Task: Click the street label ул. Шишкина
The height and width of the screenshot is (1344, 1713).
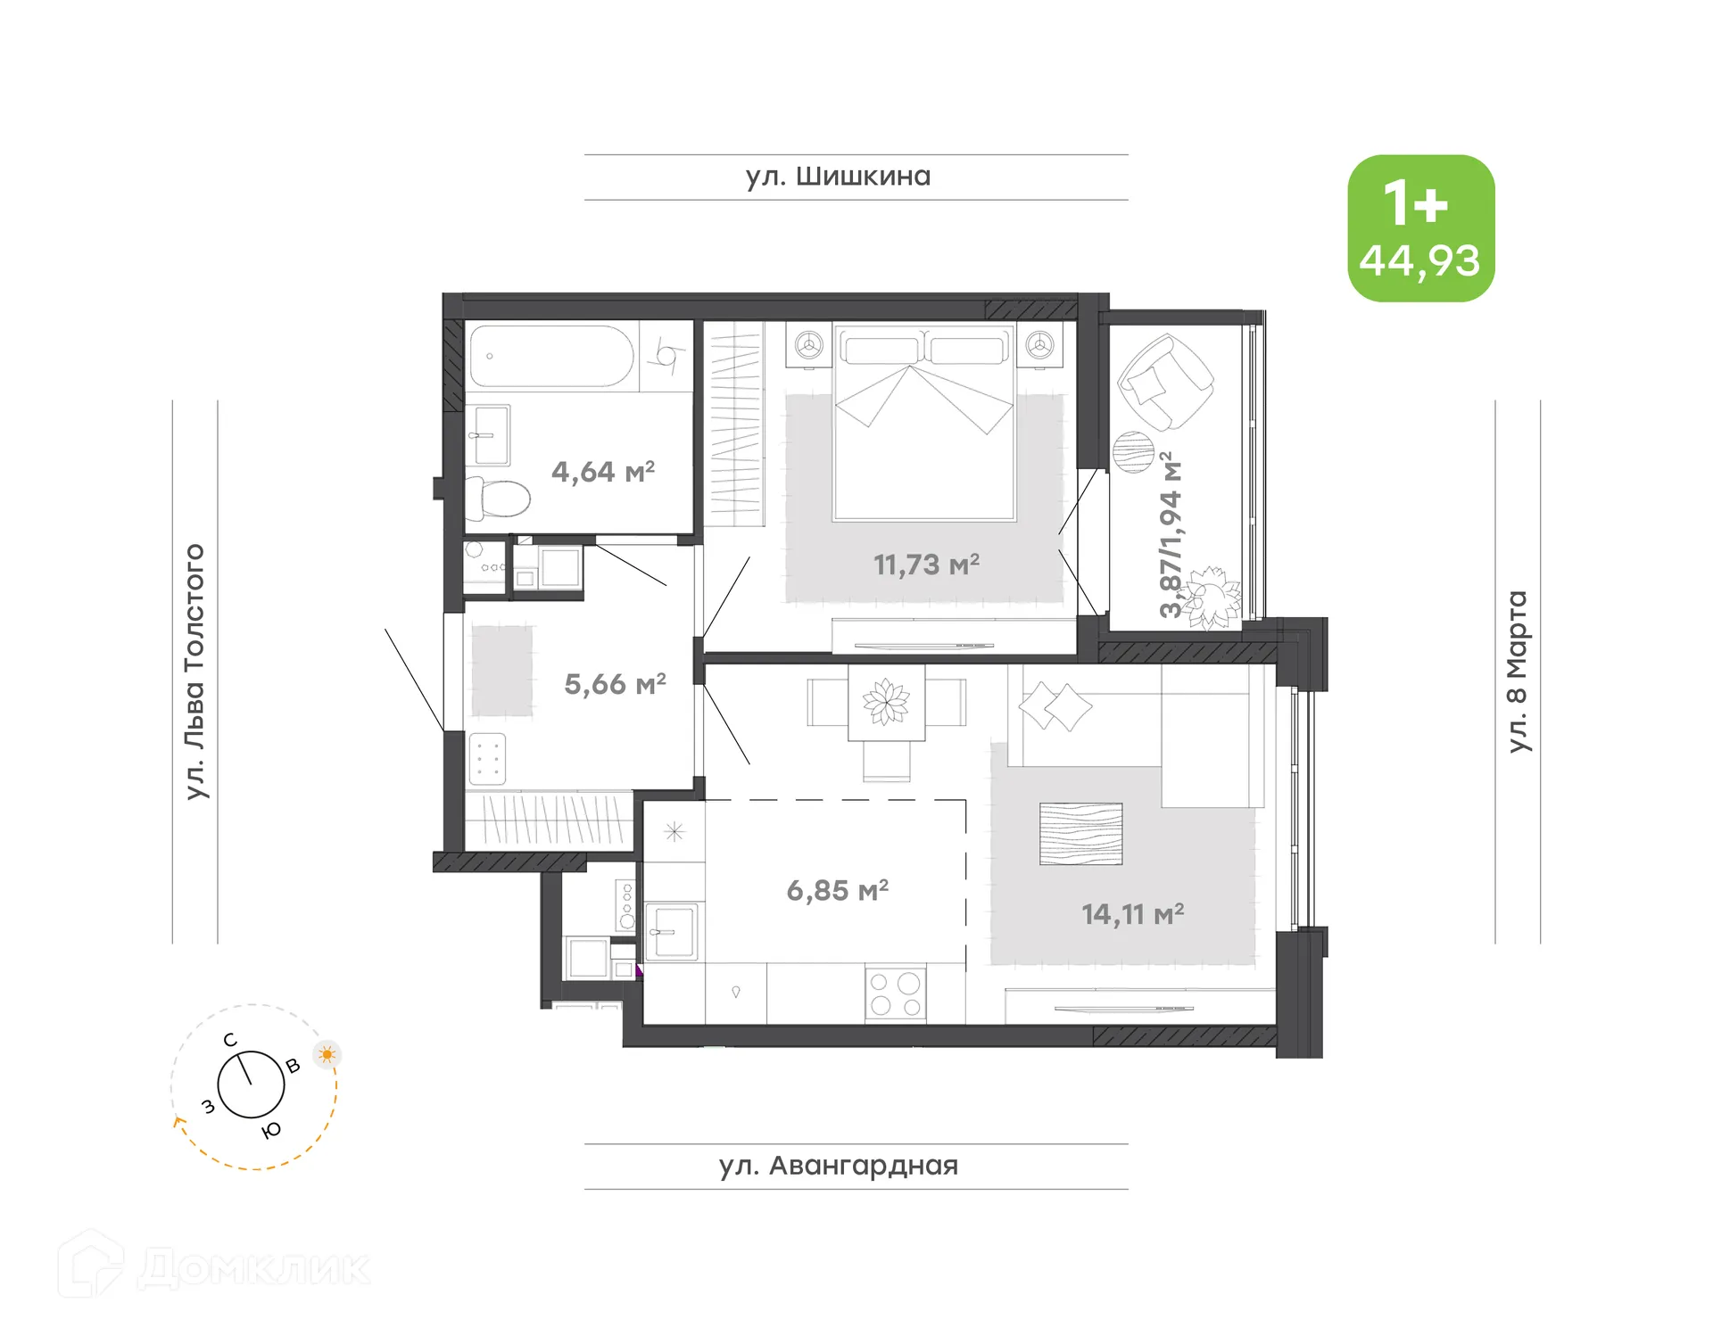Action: tap(838, 177)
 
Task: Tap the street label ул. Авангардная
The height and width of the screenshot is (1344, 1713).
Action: tap(839, 1166)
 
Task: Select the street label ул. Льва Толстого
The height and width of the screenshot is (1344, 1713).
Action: tap(194, 671)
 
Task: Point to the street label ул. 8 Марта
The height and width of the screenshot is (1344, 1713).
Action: tap(1517, 671)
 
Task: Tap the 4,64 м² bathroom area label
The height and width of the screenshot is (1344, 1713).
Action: tap(603, 471)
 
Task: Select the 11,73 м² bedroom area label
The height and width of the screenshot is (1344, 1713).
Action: tap(926, 565)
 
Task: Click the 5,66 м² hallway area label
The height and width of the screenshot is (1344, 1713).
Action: tap(615, 684)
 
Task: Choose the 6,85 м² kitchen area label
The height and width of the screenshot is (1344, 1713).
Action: tap(837, 890)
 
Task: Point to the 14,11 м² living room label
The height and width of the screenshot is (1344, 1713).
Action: tap(1132, 914)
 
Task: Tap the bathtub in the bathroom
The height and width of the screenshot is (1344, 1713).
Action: tap(550, 356)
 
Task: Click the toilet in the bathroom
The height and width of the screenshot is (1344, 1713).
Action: tap(500, 499)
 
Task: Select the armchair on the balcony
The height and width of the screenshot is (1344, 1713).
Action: tap(1163, 382)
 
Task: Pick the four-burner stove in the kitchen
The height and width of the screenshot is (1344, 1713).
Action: tap(895, 994)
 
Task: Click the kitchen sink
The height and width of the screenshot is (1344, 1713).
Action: tap(673, 932)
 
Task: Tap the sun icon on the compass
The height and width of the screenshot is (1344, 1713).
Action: tap(327, 1054)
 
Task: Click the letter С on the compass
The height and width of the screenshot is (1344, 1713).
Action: tap(230, 1040)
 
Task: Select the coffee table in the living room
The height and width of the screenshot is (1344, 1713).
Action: tap(1080, 834)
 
